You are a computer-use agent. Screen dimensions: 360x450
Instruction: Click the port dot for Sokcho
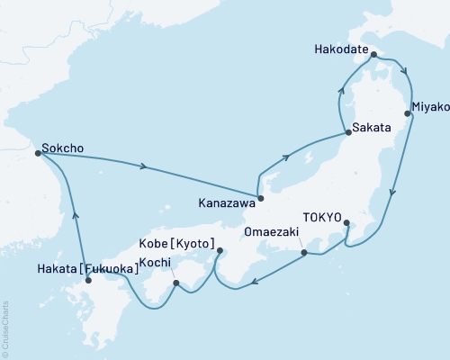coord(38,154)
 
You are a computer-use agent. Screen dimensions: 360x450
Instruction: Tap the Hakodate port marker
coord(373,55)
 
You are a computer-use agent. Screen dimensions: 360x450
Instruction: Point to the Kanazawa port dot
coord(260,198)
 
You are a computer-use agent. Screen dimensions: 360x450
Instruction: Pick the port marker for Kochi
coord(176,283)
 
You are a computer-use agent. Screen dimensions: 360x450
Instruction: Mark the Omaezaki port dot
coord(304,253)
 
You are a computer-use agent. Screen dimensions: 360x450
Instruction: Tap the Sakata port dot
coord(347,134)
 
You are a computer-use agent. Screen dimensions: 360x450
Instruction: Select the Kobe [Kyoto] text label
coord(176,245)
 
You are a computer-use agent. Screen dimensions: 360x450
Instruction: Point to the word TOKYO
coord(322,218)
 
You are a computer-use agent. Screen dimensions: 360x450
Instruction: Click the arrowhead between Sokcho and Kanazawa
coord(143,166)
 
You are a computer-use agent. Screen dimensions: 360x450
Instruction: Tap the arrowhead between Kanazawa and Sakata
coord(286,157)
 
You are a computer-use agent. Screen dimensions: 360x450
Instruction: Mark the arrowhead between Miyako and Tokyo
coord(391,193)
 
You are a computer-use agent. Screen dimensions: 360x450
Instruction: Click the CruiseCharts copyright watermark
coord(5,328)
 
